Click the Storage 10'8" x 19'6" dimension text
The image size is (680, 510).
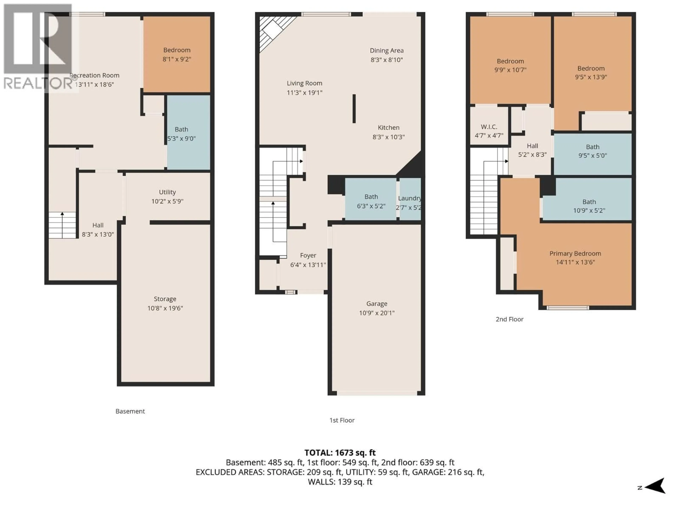point(165,308)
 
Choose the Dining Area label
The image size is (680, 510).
point(386,51)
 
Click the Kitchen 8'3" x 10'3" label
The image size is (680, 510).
point(389,132)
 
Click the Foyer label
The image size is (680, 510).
point(308,256)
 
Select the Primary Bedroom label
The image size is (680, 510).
point(575,254)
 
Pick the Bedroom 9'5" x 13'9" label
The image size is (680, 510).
point(591,73)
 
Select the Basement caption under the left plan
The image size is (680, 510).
point(130,411)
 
